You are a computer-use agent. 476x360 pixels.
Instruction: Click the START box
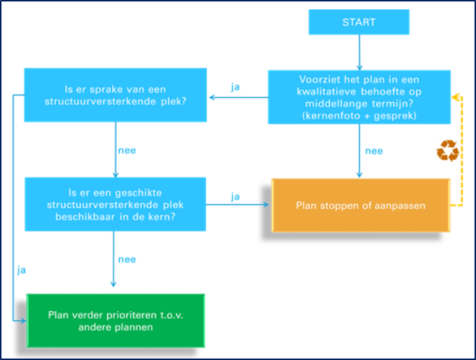coord(359,22)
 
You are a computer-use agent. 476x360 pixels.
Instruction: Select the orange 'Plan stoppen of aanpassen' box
coord(361,205)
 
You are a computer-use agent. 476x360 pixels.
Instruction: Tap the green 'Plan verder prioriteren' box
coord(116,320)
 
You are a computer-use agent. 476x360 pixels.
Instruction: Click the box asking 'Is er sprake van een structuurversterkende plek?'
coord(115,95)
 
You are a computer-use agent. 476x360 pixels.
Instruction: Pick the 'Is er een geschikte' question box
coord(115,205)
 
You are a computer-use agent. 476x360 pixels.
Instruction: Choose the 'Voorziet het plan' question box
coord(359,97)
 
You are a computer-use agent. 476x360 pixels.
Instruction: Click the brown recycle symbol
coord(448,150)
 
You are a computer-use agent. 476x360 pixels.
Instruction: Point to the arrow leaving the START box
coord(360,53)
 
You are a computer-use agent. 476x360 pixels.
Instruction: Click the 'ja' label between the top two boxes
coord(235,87)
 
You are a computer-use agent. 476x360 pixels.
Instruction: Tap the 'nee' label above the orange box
coord(374,151)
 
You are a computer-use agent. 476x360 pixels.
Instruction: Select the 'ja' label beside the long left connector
coord(21,270)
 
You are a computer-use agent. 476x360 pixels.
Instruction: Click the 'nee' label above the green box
coord(127,260)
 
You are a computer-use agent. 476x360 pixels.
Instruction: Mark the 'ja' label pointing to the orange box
coord(235,197)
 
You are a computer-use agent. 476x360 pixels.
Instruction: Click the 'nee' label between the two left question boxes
coord(127,150)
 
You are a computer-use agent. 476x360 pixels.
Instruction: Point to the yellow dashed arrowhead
coord(455,98)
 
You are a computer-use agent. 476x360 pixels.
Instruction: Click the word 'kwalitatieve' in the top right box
coord(326,92)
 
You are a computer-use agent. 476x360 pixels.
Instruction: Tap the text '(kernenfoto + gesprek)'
coord(359,116)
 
